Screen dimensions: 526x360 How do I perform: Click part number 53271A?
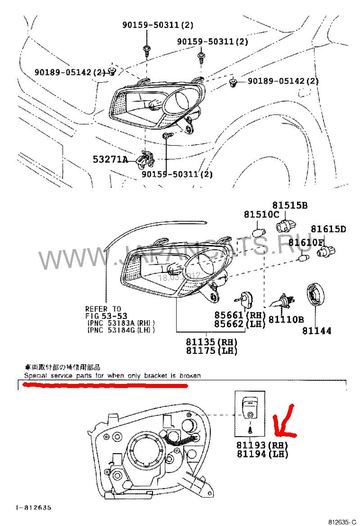click(x=111, y=159)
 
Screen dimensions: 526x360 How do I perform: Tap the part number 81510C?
click(x=261, y=215)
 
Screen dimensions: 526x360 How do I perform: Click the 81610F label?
click(x=306, y=243)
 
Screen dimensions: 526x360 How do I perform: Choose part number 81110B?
click(x=286, y=320)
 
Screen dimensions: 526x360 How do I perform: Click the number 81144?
click(x=317, y=331)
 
